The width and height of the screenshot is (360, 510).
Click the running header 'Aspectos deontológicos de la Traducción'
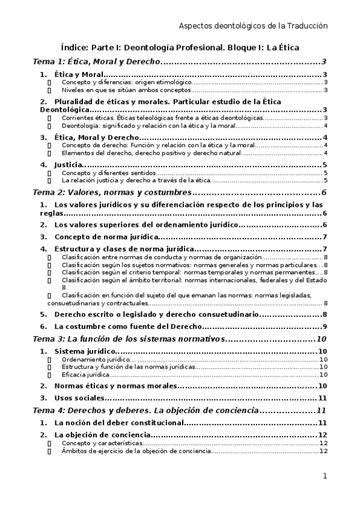click(x=254, y=26)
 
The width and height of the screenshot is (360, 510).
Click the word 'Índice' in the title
click(x=76, y=46)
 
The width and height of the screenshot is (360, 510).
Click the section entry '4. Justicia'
click(x=66, y=165)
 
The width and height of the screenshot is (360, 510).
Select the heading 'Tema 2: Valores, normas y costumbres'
click(x=112, y=192)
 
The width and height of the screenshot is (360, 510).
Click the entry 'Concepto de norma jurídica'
click(x=106, y=237)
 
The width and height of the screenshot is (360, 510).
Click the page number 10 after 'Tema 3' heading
click(x=322, y=339)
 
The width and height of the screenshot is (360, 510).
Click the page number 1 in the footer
click(x=325, y=476)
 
